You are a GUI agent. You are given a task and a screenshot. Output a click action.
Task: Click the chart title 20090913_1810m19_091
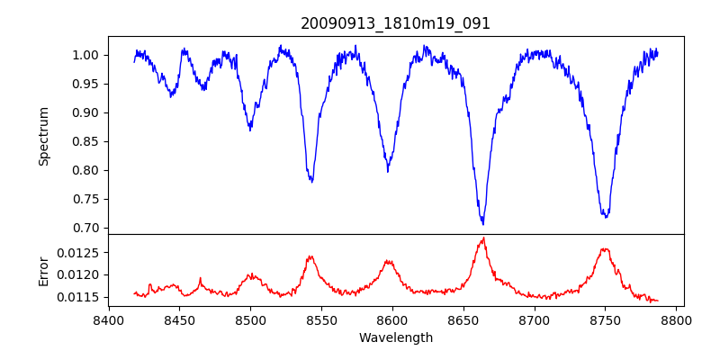click(396, 23)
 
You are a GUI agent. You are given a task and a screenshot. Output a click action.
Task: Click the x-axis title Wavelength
click(396, 337)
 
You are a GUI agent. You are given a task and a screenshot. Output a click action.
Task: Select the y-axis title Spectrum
click(44, 136)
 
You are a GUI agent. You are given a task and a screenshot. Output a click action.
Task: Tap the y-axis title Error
click(44, 269)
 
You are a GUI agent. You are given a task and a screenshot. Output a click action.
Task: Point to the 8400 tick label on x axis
click(108, 319)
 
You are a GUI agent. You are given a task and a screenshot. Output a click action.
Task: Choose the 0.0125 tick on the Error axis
click(81, 252)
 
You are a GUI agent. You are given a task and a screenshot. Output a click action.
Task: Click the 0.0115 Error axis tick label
click(81, 297)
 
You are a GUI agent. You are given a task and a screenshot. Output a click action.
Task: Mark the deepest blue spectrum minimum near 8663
click(483, 223)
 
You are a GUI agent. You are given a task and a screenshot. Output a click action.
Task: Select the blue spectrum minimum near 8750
click(606, 217)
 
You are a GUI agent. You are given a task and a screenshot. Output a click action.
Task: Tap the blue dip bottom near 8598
click(388, 170)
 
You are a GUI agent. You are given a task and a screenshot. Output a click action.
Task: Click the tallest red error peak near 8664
click(484, 238)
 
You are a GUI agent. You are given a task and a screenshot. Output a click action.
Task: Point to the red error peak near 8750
click(605, 249)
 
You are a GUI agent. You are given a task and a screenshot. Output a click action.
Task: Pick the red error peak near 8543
click(310, 256)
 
